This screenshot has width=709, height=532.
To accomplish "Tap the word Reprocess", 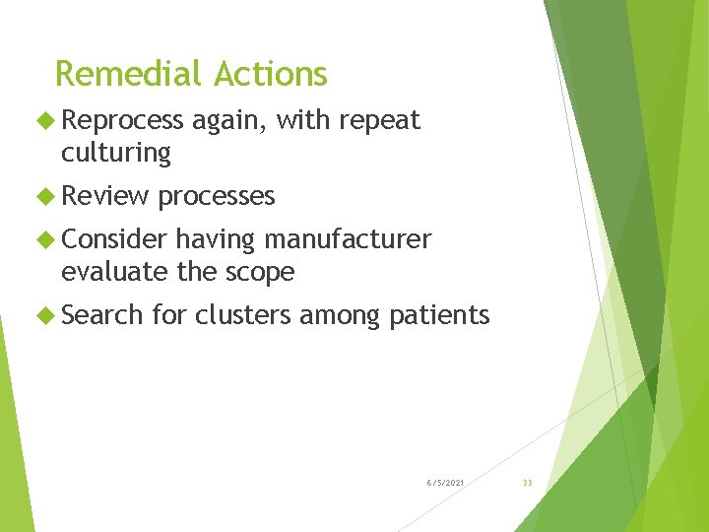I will coord(122,121).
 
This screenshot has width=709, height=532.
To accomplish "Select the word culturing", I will coord(115,154).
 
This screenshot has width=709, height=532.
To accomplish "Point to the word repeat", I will coord(379,121).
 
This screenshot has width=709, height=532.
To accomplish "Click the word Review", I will coord(104,196).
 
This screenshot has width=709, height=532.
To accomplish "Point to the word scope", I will coord(261,273).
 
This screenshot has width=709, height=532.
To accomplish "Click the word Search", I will coord(102,315).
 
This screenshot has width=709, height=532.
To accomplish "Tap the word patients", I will coord(439,316).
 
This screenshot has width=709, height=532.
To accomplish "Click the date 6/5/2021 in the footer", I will coord(446,482).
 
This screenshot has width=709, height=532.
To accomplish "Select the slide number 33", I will coord(527,482).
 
